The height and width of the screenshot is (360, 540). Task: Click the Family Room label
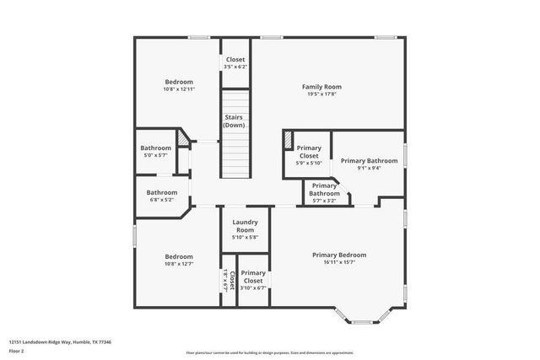321,86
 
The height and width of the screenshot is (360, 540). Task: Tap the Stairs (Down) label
235,121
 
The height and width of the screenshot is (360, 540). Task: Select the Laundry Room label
245,226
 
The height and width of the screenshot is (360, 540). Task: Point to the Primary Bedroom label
339,255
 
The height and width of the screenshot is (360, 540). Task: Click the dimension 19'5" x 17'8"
321,94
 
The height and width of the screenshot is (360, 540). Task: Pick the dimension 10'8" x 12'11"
179,89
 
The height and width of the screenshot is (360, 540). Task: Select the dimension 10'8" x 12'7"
179,264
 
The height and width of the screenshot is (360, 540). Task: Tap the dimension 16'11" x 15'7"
339,262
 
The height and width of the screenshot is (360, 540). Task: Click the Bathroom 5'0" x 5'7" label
155,148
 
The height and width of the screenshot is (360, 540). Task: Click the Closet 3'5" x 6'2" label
235,59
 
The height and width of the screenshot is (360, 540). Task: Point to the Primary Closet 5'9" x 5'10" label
309,152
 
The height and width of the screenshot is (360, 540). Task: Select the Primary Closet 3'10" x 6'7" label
253,277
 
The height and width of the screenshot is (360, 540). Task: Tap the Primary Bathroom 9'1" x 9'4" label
369,160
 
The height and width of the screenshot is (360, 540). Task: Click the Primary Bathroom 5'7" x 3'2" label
325,190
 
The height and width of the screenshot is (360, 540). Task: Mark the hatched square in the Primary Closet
288,137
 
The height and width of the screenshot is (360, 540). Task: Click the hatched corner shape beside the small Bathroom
181,137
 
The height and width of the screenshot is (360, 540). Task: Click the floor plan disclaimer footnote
270,352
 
